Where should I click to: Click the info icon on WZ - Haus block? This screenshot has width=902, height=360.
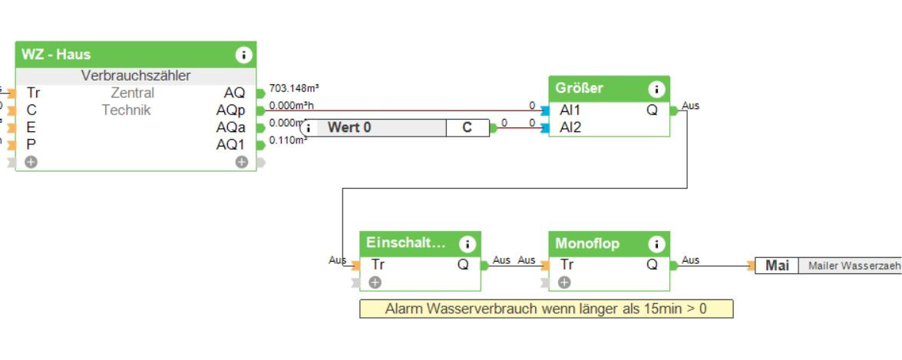(x=243, y=54)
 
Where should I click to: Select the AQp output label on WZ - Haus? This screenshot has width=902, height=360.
(x=230, y=111)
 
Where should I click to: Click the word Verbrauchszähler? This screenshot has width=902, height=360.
(x=136, y=76)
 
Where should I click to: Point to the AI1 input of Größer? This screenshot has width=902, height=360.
(x=570, y=110)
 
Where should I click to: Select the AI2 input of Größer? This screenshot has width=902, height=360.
(x=570, y=127)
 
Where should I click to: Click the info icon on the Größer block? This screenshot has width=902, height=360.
(x=656, y=88)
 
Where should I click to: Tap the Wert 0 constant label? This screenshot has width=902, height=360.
(x=349, y=127)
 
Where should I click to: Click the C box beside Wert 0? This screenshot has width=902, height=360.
(x=467, y=127)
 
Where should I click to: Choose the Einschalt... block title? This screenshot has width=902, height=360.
(x=405, y=243)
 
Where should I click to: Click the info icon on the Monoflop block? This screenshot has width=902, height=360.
(x=656, y=244)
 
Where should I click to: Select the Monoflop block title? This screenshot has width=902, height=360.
(x=588, y=243)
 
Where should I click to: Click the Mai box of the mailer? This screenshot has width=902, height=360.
(x=777, y=266)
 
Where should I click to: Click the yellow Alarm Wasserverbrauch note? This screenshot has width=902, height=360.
(x=546, y=309)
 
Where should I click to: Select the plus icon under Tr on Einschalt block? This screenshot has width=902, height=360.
(x=375, y=282)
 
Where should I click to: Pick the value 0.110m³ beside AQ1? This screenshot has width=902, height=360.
(x=289, y=141)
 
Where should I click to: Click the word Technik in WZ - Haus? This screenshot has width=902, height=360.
(x=127, y=111)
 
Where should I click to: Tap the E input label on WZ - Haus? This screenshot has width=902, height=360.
(x=31, y=127)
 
